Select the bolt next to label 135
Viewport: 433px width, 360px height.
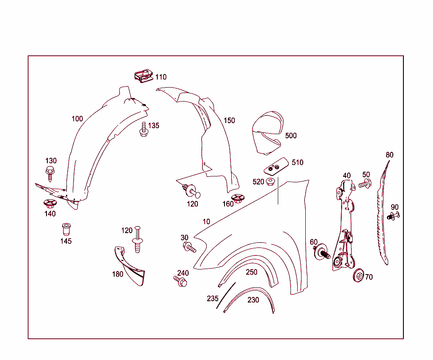click(x=143, y=129)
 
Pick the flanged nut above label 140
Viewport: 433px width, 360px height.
click(x=49, y=203)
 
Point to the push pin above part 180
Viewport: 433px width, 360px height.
click(x=138, y=242)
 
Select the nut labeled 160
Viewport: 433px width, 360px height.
click(x=238, y=198)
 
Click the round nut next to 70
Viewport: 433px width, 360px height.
click(x=359, y=275)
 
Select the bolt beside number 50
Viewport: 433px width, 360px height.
click(x=365, y=184)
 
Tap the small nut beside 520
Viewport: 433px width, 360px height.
click(x=271, y=182)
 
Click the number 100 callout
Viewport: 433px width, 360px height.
click(x=77, y=119)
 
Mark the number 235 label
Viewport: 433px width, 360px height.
click(x=213, y=298)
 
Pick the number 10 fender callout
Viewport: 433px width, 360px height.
click(x=206, y=222)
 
